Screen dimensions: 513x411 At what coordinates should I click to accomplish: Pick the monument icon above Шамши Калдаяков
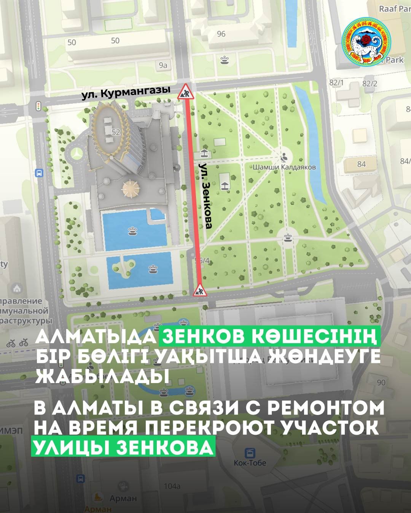coord(284,156)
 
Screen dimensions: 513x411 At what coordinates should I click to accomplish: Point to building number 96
coord(221,34)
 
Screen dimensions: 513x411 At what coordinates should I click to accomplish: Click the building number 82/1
coord(336,83)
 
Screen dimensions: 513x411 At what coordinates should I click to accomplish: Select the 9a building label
coord(163,65)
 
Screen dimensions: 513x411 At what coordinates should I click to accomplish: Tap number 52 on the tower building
coord(116,131)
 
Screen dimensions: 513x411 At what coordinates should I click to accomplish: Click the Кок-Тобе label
coord(250,463)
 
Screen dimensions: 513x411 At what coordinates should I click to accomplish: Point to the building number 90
coord(381,383)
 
